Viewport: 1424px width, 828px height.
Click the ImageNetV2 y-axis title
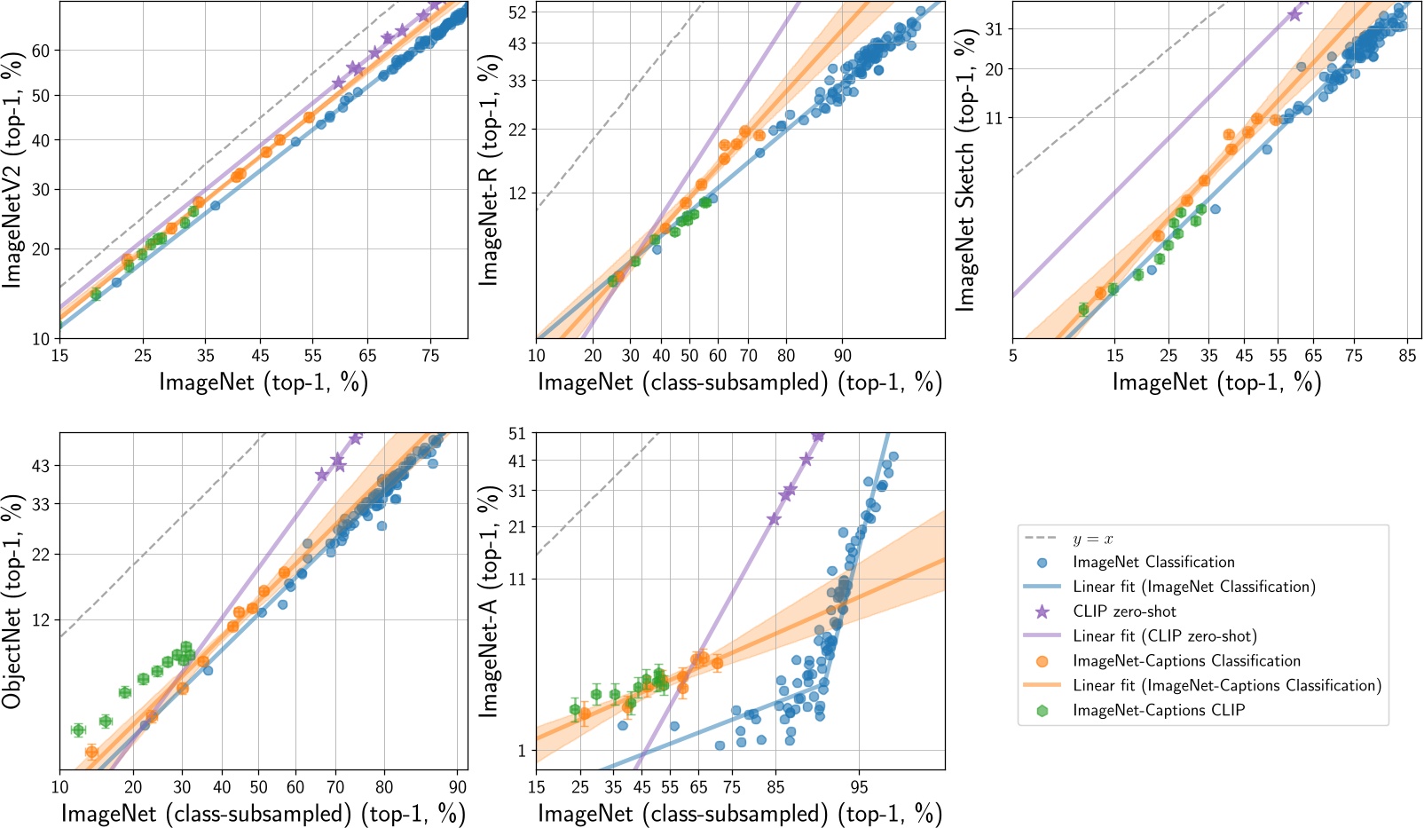pos(12,169)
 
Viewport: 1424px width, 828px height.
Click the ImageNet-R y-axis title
pos(488,169)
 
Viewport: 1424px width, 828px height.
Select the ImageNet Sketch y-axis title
pos(965,169)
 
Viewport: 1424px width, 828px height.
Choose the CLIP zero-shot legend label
pos(1124,611)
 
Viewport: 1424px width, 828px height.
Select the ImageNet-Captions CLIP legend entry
pos(1158,710)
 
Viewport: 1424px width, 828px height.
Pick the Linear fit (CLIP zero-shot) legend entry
pos(1164,636)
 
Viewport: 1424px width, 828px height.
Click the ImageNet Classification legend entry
pos(1153,563)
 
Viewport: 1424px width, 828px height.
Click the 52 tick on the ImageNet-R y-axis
pos(517,12)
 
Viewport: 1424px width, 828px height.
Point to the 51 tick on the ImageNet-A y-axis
pos(517,434)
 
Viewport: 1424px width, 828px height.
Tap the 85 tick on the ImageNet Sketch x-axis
pos(1407,356)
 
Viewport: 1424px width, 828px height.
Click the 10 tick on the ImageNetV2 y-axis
pos(40,339)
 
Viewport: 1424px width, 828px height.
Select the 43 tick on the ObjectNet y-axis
pos(40,466)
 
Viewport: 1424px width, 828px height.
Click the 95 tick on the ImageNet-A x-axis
pos(859,787)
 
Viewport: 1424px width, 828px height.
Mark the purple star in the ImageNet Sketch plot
pos(1294,14)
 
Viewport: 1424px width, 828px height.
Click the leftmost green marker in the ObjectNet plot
pos(78,730)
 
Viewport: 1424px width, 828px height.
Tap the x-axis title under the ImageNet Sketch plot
pos(1216,382)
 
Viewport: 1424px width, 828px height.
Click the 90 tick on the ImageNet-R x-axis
pos(842,356)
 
